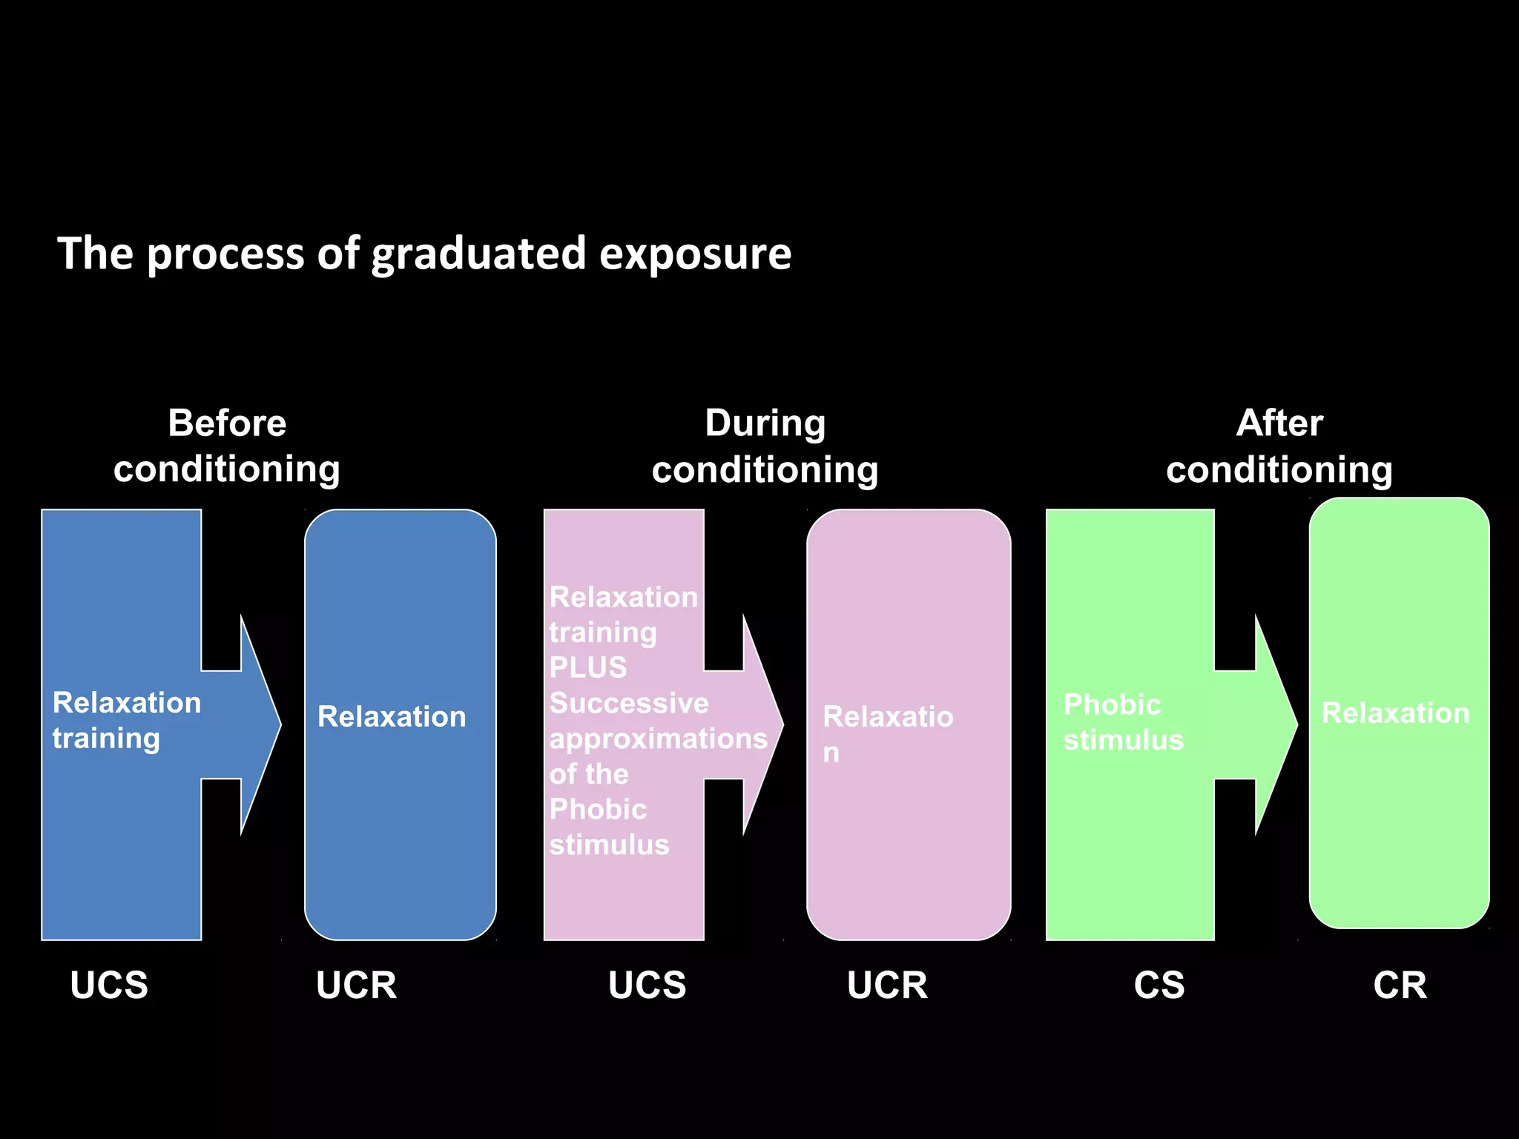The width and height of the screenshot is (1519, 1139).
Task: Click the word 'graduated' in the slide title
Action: click(478, 254)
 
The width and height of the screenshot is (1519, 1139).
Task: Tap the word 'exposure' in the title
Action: click(695, 254)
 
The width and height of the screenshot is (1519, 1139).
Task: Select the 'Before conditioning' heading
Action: click(227, 446)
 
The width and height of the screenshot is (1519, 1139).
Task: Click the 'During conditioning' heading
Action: click(765, 446)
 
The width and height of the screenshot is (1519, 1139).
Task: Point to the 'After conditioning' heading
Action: click(1279, 446)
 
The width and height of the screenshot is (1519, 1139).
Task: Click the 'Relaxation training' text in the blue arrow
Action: click(126, 720)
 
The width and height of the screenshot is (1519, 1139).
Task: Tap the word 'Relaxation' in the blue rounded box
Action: click(392, 716)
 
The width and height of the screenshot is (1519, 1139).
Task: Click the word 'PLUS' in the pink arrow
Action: click(588, 667)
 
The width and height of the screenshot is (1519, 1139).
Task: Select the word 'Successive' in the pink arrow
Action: click(629, 703)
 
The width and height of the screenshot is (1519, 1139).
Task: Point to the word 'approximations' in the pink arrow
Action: click(658, 739)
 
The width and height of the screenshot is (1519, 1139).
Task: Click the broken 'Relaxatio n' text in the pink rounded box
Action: click(887, 733)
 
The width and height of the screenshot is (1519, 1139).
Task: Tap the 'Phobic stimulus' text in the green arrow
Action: click(1122, 722)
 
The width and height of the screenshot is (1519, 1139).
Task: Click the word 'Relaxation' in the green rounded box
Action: click(1395, 713)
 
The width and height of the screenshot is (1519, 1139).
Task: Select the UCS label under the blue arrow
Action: click(109, 985)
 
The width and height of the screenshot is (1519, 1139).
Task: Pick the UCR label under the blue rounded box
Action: click(356, 985)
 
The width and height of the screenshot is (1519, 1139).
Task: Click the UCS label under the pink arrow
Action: click(647, 985)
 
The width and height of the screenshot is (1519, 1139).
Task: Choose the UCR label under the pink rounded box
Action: click(887, 985)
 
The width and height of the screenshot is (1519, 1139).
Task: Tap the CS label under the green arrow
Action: click(1159, 985)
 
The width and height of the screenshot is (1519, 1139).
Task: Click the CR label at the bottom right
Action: click(1400, 985)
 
